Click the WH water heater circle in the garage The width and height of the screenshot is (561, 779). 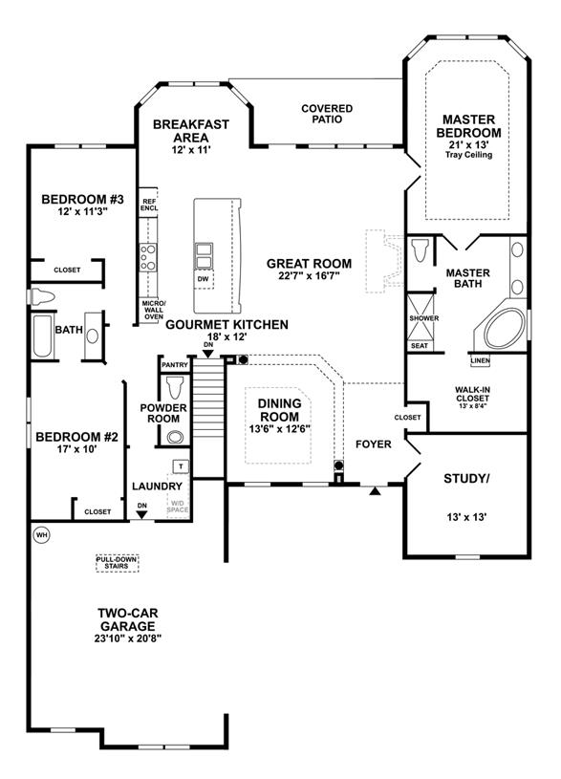pyautogui.click(x=42, y=535)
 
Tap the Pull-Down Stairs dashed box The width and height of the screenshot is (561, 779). pyautogui.click(x=117, y=563)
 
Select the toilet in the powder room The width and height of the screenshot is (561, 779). pyautogui.click(x=175, y=388)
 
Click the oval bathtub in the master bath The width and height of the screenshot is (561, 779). pyautogui.click(x=505, y=329)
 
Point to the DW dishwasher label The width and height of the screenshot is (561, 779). pyautogui.click(x=204, y=279)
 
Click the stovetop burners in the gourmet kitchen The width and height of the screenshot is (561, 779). pyautogui.click(x=147, y=257)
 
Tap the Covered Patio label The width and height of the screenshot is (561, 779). pyautogui.click(x=327, y=114)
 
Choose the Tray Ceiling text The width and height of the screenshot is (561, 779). pyautogui.click(x=468, y=155)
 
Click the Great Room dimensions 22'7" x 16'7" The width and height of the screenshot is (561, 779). pyautogui.click(x=309, y=275)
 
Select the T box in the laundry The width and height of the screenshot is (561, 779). pyautogui.click(x=181, y=466)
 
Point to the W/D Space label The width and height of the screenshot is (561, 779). pyautogui.click(x=178, y=507)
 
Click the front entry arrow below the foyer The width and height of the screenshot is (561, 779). pyautogui.click(x=376, y=491)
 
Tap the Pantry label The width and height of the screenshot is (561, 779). pyautogui.click(x=175, y=365)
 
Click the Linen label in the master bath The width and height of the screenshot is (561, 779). pyautogui.click(x=480, y=360)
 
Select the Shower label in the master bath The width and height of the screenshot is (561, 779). pyautogui.click(x=423, y=318)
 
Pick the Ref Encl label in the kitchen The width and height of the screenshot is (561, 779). pyautogui.click(x=148, y=205)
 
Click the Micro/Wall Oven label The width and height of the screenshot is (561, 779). pyautogui.click(x=154, y=310)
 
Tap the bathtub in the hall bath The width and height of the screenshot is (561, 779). pyautogui.click(x=42, y=335)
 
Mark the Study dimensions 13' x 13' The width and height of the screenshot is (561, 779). pyautogui.click(x=466, y=517)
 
